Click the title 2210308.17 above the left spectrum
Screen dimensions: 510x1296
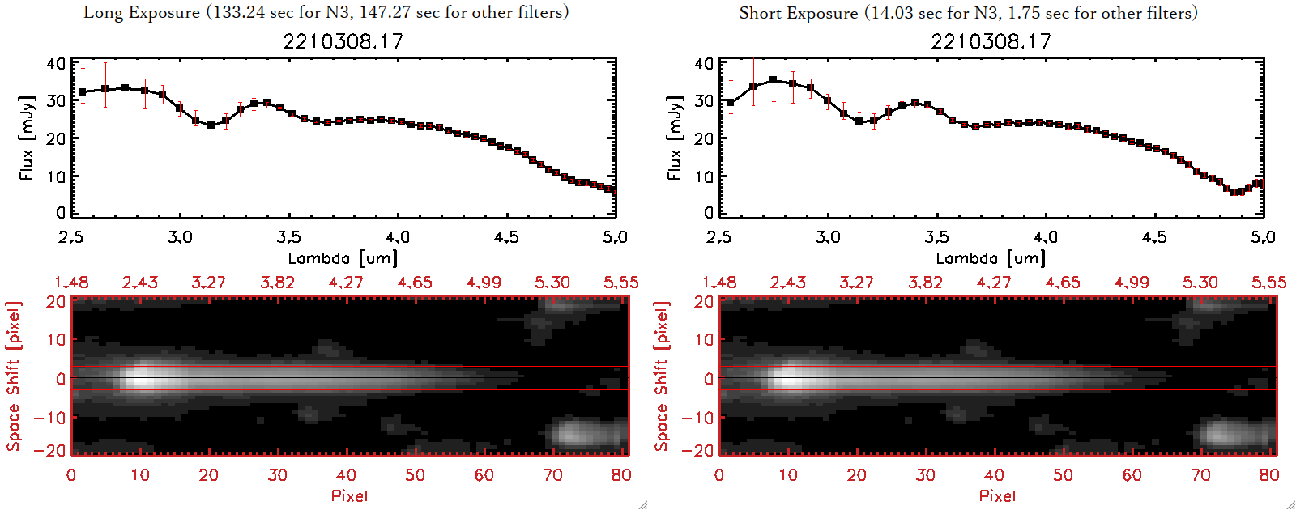(343, 41)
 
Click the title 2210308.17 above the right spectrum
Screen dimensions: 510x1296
(991, 41)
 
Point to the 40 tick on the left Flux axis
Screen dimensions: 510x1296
(56, 64)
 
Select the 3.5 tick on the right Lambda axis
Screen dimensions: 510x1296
(936, 237)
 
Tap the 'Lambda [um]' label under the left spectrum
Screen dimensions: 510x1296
(343, 258)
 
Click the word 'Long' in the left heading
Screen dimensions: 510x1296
(103, 13)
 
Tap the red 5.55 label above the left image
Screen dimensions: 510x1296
(620, 283)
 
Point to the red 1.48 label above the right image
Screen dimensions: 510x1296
(719, 283)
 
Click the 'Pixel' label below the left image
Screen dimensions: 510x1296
(349, 495)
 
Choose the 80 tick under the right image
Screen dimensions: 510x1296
(1268, 475)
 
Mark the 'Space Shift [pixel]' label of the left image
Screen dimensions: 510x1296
(14, 376)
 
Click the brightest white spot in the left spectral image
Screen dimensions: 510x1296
(142, 377)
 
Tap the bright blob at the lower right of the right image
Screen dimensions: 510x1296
(1227, 433)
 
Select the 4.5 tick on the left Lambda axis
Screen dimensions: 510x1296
(506, 237)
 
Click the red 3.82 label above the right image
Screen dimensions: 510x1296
(925, 283)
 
